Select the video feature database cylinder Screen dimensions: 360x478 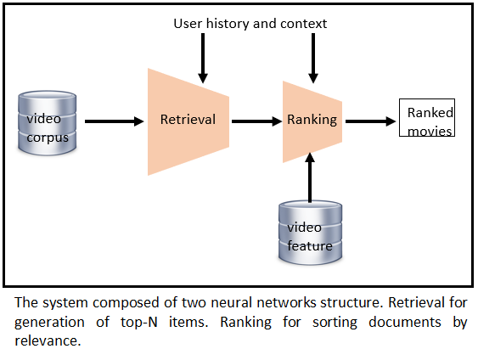pos(312,231)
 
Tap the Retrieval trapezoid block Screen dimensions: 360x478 pos(188,120)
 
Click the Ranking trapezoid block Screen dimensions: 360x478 pos(312,120)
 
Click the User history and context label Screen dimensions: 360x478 pos(250,24)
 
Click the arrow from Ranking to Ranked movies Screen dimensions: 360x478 pos(371,121)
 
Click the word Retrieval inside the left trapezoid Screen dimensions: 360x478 pos(188,120)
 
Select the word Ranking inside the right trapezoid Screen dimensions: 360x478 pos(312,120)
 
